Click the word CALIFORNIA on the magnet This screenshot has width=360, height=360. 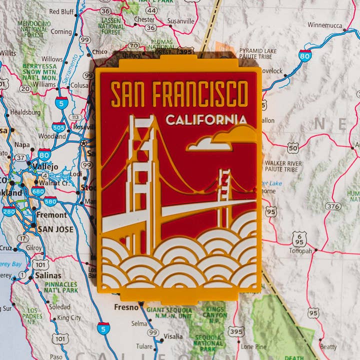click(206, 120)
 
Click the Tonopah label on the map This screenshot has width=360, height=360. click(300, 250)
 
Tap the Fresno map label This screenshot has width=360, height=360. click(126, 307)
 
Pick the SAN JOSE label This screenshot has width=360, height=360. click(55, 229)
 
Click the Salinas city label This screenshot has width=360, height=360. click(48, 275)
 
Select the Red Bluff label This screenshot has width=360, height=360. click(61, 11)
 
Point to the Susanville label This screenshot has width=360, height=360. click(180, 21)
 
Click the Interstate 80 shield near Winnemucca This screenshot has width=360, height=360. click(305, 55)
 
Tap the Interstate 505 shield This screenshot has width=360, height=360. click(58, 127)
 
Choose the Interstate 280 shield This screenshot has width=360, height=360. click(8, 211)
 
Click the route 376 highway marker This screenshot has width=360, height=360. click(332, 206)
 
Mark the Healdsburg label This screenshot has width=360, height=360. click(25, 112)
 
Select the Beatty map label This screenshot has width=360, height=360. click(328, 347)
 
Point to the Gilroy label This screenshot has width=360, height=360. click(34, 248)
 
